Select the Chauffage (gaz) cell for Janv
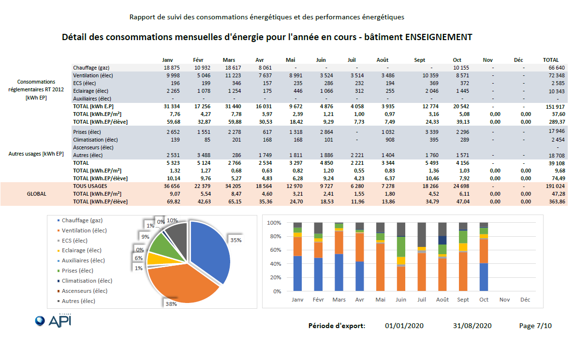172,68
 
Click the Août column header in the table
382,60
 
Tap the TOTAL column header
551,60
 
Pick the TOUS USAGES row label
90,186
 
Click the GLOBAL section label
37,194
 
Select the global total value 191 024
555,186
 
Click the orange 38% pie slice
180,284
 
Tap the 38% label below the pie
171,304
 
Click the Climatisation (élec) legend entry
85,281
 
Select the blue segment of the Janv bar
297,274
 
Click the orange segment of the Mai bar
380,268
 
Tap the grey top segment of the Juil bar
422,235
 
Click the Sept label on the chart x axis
463,300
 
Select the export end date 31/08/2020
472,326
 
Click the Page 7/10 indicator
535,326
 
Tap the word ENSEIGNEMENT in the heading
438,37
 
